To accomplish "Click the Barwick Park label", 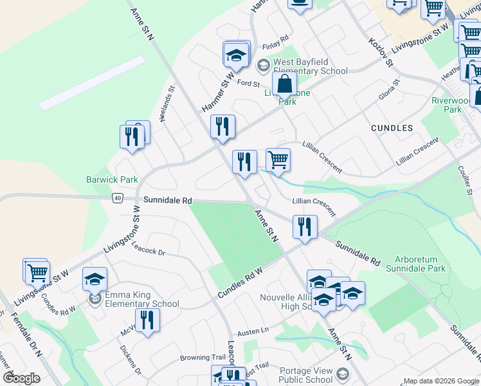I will (113, 180).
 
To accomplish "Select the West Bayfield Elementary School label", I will (311, 66).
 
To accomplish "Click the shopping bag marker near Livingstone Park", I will (284, 84).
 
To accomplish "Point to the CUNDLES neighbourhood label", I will (392, 128).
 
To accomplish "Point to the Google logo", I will (21, 378).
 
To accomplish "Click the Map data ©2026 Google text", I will (440, 381).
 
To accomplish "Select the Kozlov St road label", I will (380, 50).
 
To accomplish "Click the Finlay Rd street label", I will (277, 48).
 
